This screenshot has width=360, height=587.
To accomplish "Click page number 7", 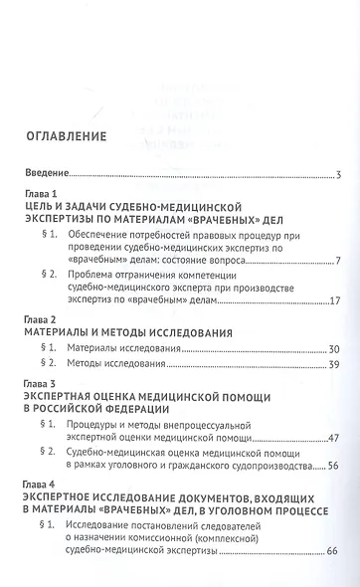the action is coord(338,261).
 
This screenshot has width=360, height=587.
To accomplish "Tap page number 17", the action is coord(335,301).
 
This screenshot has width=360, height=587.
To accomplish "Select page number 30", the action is coord(334,348).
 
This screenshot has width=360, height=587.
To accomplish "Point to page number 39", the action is coord(334,366).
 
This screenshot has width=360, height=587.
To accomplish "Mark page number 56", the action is coord(334,465).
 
